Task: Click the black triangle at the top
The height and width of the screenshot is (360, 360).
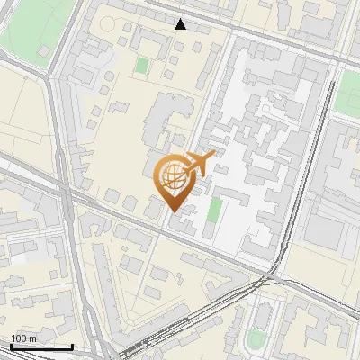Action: coord(181,23)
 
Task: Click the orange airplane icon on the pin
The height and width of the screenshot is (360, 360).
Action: coord(201,165)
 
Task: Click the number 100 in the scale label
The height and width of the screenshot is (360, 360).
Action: coord(19,338)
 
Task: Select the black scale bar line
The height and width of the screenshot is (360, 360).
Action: coord(41,346)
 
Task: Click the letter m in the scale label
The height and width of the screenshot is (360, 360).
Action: coord(32,338)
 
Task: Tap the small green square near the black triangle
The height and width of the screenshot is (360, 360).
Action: coord(142,65)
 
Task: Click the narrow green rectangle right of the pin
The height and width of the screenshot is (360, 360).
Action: coord(214,210)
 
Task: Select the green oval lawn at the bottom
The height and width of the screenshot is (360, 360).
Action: coord(256,338)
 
